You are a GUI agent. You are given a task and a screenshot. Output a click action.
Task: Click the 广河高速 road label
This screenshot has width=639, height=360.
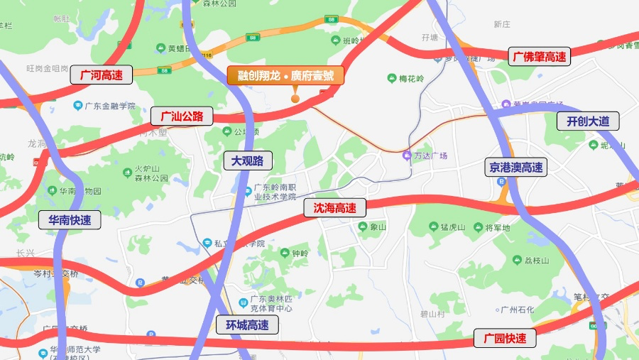tap(102, 75)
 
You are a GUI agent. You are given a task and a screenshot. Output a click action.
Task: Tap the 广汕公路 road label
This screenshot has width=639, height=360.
tap(182, 116)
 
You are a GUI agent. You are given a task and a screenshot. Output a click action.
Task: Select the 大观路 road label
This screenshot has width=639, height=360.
tap(247, 160)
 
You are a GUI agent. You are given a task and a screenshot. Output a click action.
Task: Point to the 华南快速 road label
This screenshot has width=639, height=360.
tap(70, 220)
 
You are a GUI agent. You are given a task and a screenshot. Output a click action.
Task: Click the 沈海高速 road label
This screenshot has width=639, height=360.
tap(334, 208)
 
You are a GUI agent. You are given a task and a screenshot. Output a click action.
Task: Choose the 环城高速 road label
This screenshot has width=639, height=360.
tap(247, 326)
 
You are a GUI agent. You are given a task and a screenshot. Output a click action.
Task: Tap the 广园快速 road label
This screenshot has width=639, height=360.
tap(505, 339)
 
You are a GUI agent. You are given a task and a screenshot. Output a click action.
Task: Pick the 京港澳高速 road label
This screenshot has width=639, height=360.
tap(516, 168)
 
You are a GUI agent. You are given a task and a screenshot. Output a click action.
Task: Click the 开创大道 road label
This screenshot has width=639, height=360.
tap(588, 121)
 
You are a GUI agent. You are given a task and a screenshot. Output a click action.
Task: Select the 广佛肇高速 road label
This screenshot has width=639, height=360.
tap(540, 57)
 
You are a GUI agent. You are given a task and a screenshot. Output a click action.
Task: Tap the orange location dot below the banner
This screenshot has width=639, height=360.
tap(295, 98)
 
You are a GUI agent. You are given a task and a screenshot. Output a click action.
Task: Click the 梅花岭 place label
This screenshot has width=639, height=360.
tap(410, 78)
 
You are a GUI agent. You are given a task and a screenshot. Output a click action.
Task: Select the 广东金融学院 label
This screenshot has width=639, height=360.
tap(109, 106)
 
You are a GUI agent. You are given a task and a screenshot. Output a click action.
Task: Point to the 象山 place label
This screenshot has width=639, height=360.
tap(377, 227)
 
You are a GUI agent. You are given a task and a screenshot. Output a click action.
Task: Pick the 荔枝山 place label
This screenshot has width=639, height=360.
tap(536, 261)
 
